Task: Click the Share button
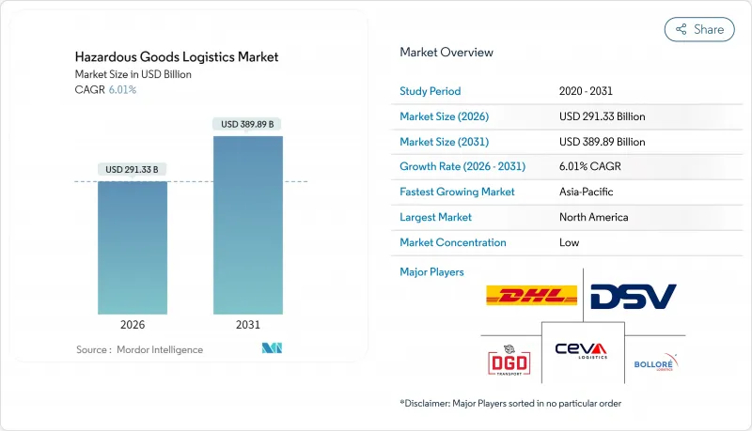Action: [699, 29]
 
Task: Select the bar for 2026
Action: [133, 247]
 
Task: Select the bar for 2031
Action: [248, 225]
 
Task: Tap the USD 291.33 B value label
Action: [133, 169]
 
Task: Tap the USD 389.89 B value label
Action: [248, 124]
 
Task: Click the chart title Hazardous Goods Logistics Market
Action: [177, 57]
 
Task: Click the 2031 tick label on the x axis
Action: [248, 324]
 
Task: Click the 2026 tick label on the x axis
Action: [133, 324]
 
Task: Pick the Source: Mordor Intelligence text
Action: [139, 349]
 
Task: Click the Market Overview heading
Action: [446, 53]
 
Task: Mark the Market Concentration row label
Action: [453, 242]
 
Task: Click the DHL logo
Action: [531, 296]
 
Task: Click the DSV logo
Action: [633, 296]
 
